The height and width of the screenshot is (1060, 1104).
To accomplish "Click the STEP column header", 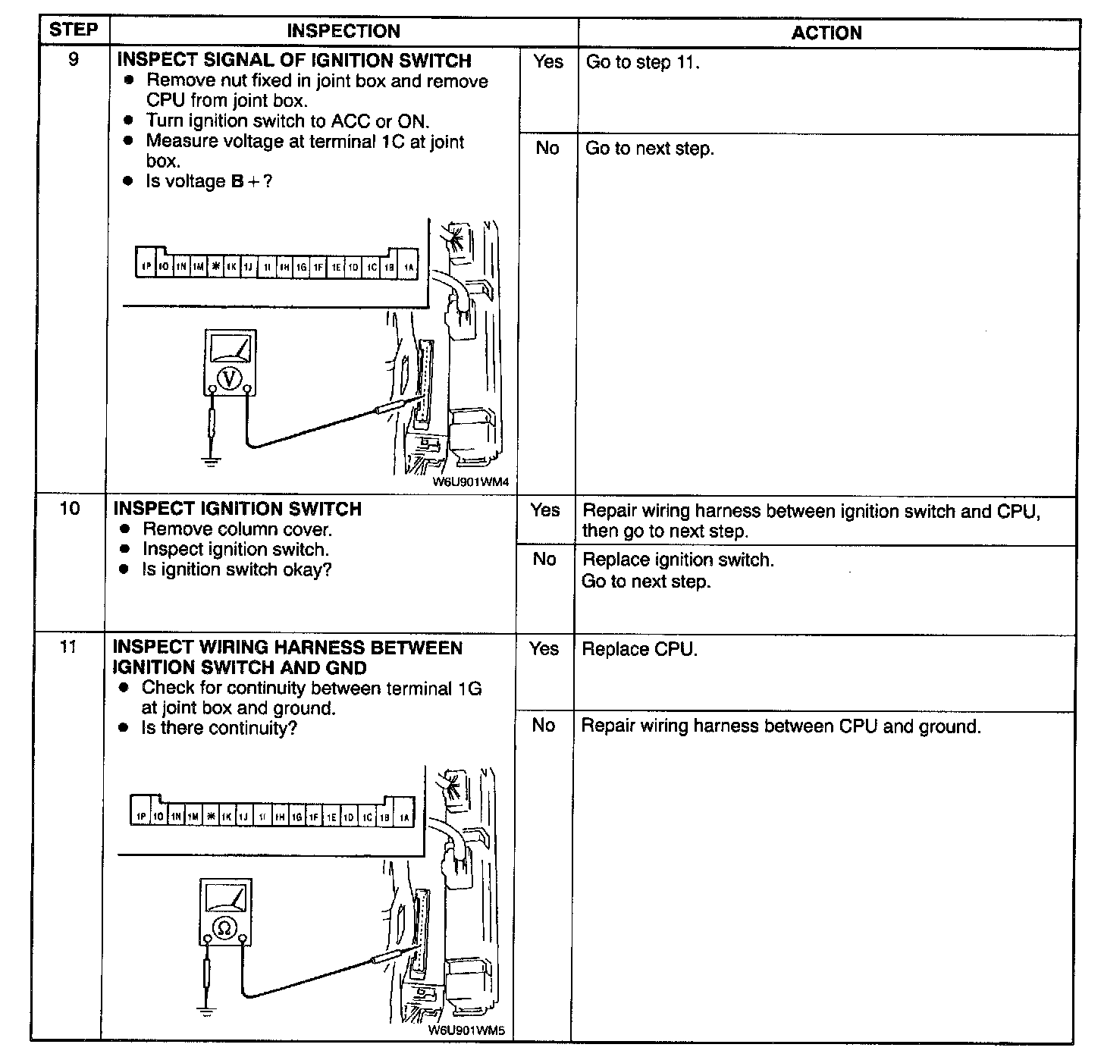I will (74, 30).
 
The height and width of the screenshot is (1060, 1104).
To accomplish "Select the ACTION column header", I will (826, 33).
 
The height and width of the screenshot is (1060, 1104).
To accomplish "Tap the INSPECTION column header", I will (343, 31).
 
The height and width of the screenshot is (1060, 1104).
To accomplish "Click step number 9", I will (74, 59).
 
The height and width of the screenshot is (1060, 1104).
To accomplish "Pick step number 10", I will (70, 508).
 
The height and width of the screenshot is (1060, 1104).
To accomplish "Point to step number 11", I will (68, 648).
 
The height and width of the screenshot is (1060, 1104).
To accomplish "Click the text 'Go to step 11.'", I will (642, 62).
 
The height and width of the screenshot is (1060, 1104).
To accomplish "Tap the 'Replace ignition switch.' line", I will (678, 560).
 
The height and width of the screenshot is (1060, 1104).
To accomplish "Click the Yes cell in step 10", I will (545, 510).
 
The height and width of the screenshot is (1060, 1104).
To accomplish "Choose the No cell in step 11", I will (544, 726).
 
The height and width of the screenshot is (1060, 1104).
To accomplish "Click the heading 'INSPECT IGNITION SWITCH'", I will (237, 509).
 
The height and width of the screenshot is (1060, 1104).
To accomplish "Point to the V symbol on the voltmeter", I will (230, 378).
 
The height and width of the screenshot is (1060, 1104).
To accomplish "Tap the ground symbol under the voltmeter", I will (212, 460).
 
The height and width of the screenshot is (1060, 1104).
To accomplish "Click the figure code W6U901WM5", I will (466, 1030).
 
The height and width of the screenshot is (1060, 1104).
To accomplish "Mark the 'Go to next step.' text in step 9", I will (649, 149).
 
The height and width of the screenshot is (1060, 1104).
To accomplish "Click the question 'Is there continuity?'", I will (219, 729).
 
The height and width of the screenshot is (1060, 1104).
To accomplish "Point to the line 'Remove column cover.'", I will (237, 529).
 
